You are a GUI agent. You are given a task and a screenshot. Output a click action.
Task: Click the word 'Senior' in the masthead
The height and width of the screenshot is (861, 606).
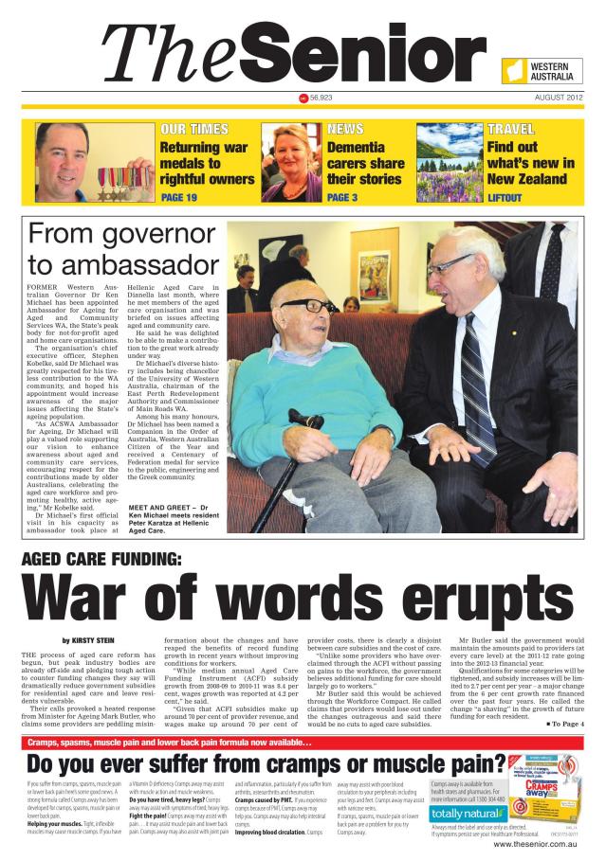pyautogui.click(x=371, y=56)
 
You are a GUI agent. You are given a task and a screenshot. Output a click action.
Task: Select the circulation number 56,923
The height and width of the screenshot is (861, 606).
pyautogui.click(x=321, y=98)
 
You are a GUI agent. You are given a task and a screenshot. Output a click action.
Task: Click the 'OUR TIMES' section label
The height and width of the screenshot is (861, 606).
pyautogui.click(x=193, y=128)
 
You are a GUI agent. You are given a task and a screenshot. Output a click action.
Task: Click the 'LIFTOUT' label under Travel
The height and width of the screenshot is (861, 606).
pyautogui.click(x=505, y=198)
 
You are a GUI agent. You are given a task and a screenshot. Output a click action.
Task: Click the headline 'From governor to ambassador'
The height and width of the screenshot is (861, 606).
pyautogui.click(x=123, y=248)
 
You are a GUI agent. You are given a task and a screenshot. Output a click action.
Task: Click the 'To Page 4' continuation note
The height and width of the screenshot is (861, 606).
pyautogui.click(x=566, y=723)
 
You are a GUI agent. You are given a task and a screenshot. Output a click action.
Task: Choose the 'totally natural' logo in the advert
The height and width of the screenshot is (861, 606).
pyautogui.click(x=465, y=813)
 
